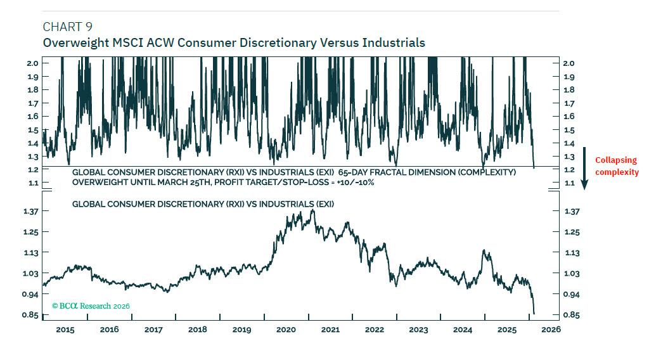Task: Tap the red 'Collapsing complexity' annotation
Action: (616, 166)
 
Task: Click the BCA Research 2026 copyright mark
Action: (90, 306)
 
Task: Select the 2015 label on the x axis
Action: (65, 330)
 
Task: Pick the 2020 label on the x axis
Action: (286, 330)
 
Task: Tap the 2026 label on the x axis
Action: (551, 330)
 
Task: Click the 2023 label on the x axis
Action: (418, 330)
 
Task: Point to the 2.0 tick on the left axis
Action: (32, 63)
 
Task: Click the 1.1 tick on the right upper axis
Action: (569, 183)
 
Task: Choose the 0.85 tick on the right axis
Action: (570, 315)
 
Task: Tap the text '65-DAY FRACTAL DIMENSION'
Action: (393, 172)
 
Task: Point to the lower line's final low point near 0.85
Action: (534, 313)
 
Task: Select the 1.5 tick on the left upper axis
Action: (32, 130)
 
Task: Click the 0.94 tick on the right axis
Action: (570, 295)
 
